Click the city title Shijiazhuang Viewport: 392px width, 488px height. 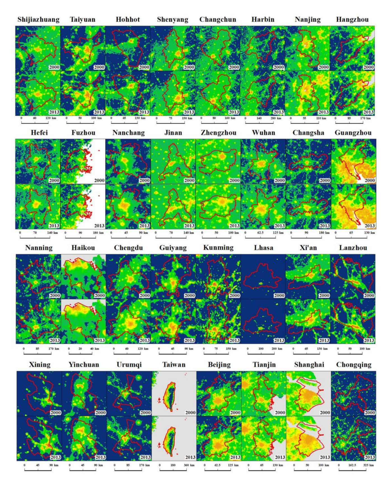click(x=38, y=20)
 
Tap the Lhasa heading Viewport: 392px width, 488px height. click(x=263, y=248)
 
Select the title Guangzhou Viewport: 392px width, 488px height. click(x=353, y=133)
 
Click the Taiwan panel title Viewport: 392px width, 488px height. click(x=174, y=365)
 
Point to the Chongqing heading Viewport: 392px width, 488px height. click(x=353, y=365)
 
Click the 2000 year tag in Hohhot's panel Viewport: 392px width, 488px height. click(x=144, y=67)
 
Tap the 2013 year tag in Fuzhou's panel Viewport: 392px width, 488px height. click(x=99, y=225)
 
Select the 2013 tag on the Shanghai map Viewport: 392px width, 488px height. click(x=325, y=457)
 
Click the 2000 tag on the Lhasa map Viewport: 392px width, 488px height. click(x=279, y=295)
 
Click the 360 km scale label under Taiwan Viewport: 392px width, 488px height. click(x=189, y=465)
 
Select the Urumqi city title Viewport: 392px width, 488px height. click(x=129, y=365)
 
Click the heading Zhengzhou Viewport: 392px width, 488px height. click(x=218, y=133)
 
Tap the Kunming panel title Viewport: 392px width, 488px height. click(x=218, y=248)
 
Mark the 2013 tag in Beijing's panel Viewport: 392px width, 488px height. click(x=235, y=457)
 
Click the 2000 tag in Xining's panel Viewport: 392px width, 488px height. click(x=55, y=412)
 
